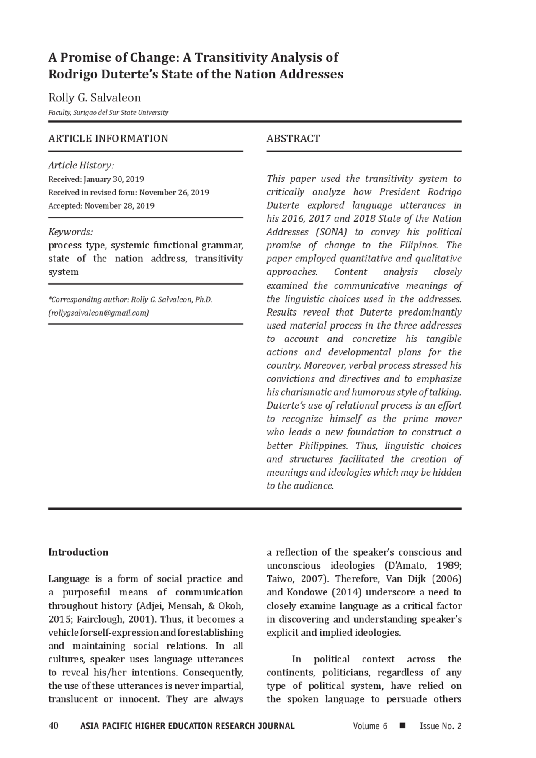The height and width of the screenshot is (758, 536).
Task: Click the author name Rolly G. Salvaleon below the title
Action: point(94,98)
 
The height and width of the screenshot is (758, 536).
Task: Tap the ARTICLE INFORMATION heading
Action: point(108,139)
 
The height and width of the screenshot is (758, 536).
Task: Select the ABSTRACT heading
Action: point(293,139)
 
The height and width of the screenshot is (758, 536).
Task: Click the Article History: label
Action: point(81,166)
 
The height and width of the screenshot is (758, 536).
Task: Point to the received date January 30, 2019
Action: point(114,179)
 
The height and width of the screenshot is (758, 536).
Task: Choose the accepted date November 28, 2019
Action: point(119,206)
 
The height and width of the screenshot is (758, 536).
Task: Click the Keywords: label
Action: point(70,232)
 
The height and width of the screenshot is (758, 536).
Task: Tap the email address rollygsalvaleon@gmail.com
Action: point(98,313)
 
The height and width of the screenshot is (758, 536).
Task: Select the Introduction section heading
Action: point(78,552)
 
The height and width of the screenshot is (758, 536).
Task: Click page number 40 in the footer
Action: point(53,726)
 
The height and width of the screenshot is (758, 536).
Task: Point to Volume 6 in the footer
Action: point(370,726)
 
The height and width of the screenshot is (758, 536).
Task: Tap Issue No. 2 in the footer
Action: point(441,726)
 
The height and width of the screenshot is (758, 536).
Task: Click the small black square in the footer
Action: point(403,725)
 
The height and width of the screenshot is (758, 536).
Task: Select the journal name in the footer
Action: point(187,726)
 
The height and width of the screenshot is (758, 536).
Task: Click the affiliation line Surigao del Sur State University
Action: point(108,112)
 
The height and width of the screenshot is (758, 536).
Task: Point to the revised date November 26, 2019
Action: point(174,193)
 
